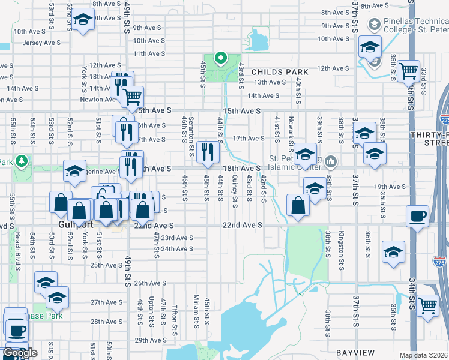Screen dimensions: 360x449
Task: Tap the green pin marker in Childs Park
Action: [x=220, y=59]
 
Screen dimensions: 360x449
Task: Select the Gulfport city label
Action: [x=73, y=224]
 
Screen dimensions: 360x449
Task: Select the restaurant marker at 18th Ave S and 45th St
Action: [x=208, y=154]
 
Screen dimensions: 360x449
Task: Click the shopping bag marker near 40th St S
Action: [x=298, y=205]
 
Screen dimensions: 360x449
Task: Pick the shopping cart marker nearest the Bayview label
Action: [x=427, y=305]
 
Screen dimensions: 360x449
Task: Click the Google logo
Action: [x=20, y=353]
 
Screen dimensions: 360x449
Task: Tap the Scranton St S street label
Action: [x=191, y=131]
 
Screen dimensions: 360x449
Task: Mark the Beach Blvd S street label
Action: [x=18, y=244]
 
